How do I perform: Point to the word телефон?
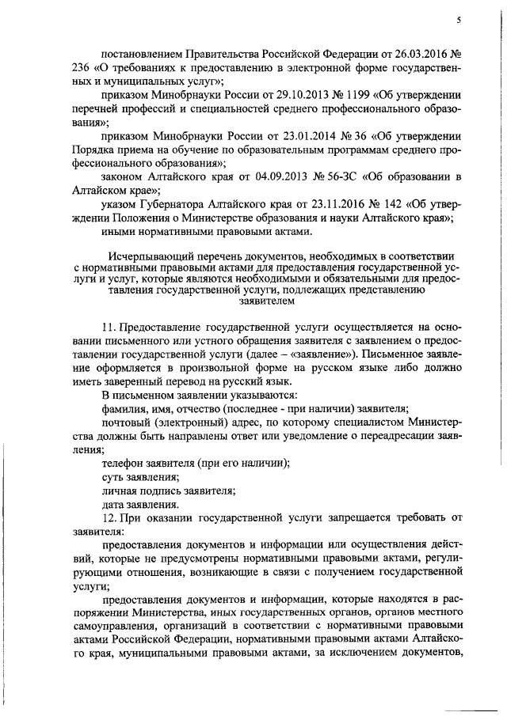pos(124,463)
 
